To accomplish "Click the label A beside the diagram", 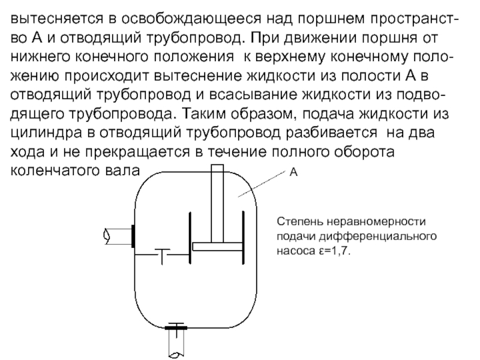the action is (294, 172).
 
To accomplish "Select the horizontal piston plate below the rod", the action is (218, 246).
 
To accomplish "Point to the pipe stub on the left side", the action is (118, 236).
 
